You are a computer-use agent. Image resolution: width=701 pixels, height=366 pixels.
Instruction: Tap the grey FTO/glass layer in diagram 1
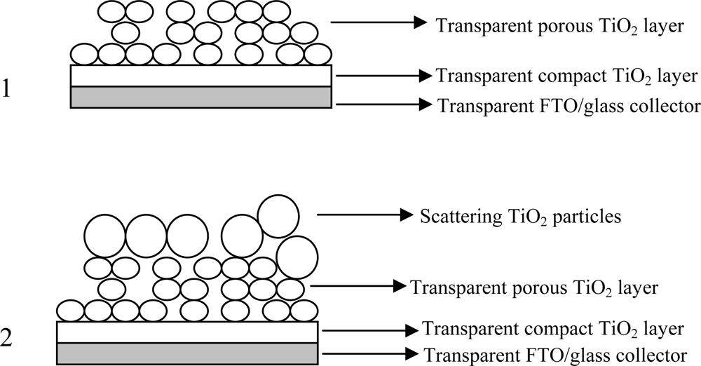[x=200, y=97]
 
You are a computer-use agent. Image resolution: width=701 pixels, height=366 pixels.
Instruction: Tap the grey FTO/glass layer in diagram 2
[x=187, y=352]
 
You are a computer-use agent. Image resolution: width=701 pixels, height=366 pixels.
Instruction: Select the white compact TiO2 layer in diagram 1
[x=200, y=76]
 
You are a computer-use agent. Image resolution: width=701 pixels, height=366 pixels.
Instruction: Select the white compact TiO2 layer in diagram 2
[x=187, y=332]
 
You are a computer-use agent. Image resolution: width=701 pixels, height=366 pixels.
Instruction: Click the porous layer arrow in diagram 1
[x=379, y=23]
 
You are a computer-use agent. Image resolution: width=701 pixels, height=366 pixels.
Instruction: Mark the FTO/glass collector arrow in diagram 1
[x=383, y=105]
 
